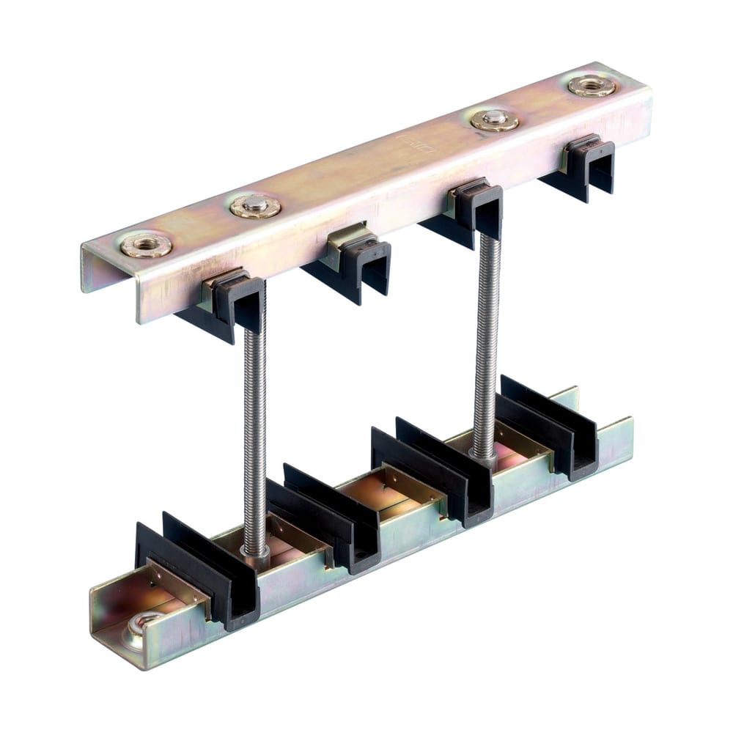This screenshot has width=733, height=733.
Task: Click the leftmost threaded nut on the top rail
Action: coord(147,245)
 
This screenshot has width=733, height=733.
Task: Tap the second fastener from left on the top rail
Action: coord(255,207)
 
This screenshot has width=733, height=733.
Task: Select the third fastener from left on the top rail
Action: coord(495,119)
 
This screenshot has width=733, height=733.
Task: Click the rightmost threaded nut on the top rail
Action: coord(592,85)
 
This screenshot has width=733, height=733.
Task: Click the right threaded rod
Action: coord(485,345)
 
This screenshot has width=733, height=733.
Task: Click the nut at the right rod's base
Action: coord(484,462)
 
